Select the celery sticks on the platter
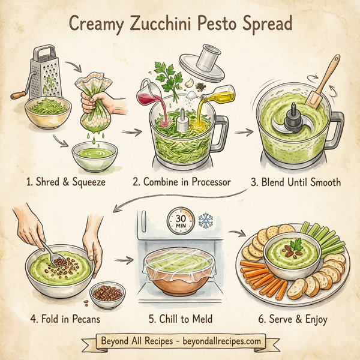point(319,237)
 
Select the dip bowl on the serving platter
point(294,256)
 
